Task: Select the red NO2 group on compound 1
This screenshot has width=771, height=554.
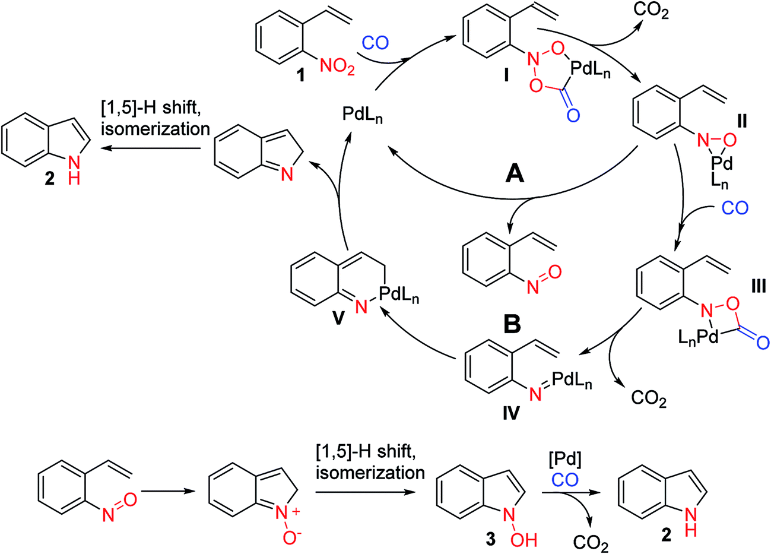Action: point(337,69)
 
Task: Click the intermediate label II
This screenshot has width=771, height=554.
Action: point(742,122)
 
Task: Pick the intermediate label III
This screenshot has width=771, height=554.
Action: point(757,287)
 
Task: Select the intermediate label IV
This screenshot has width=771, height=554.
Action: point(510,411)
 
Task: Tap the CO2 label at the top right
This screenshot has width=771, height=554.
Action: point(651,11)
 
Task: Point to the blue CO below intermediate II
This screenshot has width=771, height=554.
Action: point(735,207)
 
